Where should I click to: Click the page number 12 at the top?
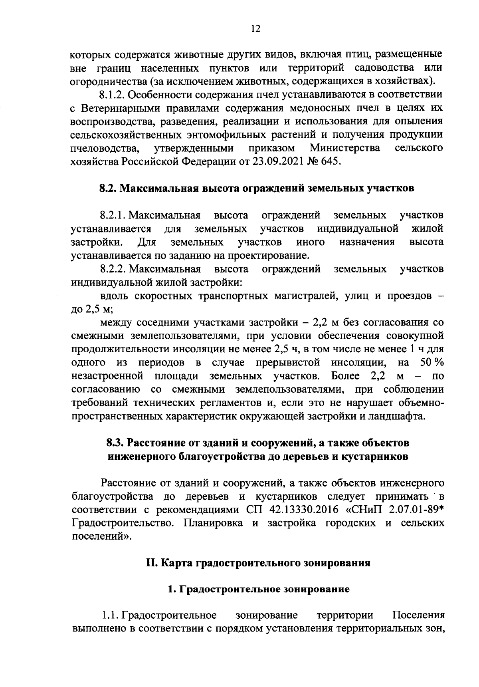point(255,28)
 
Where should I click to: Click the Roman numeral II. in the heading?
point(152,563)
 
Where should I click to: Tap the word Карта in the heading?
point(177,563)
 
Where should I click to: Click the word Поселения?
point(418,615)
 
